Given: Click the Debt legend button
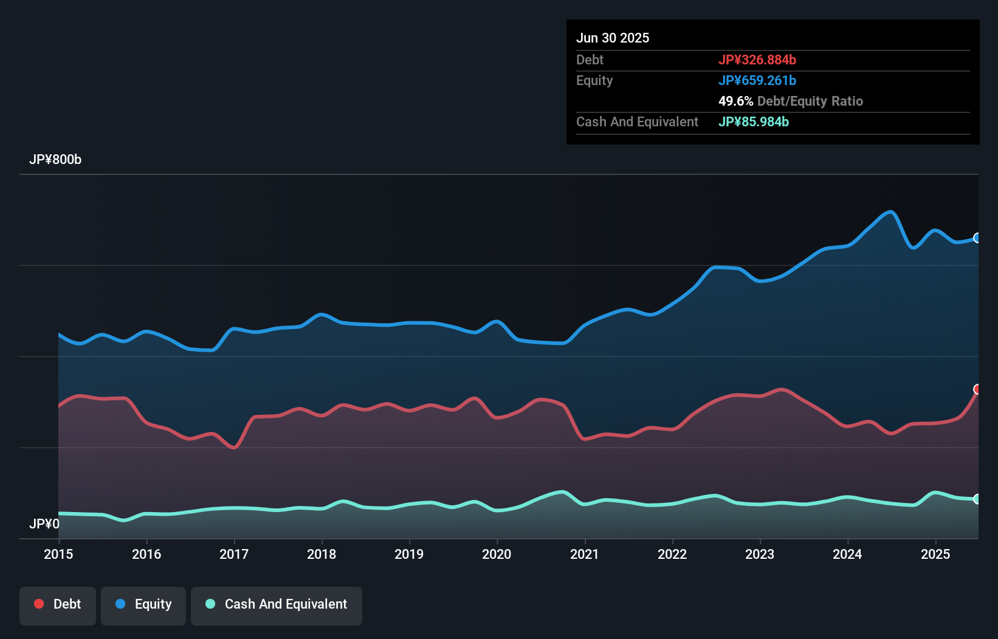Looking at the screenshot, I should (58, 605).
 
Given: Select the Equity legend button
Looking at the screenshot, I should (143, 605).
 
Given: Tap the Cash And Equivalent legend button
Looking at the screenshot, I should (277, 605).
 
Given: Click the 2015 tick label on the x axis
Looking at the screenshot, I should (58, 554).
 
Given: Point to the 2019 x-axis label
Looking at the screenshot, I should (409, 554).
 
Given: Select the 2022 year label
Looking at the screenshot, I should (672, 554).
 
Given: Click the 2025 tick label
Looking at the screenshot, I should (935, 554).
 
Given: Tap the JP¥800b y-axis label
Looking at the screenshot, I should (55, 160).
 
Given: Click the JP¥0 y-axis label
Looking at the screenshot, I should (44, 524).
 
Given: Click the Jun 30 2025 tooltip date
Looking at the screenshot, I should (613, 38).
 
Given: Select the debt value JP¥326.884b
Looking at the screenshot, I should (757, 60).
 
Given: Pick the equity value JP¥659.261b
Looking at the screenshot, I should (757, 81).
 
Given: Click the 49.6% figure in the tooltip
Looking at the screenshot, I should (735, 101).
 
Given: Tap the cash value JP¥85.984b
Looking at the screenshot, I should (754, 122).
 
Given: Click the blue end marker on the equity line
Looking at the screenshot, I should (977, 238).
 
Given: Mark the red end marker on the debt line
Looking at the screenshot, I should (977, 389).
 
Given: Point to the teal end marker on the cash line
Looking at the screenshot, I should (977, 499).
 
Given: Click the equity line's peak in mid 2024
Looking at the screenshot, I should (891, 212).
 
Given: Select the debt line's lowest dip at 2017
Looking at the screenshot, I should (235, 448).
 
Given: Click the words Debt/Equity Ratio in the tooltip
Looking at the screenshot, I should (810, 101).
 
